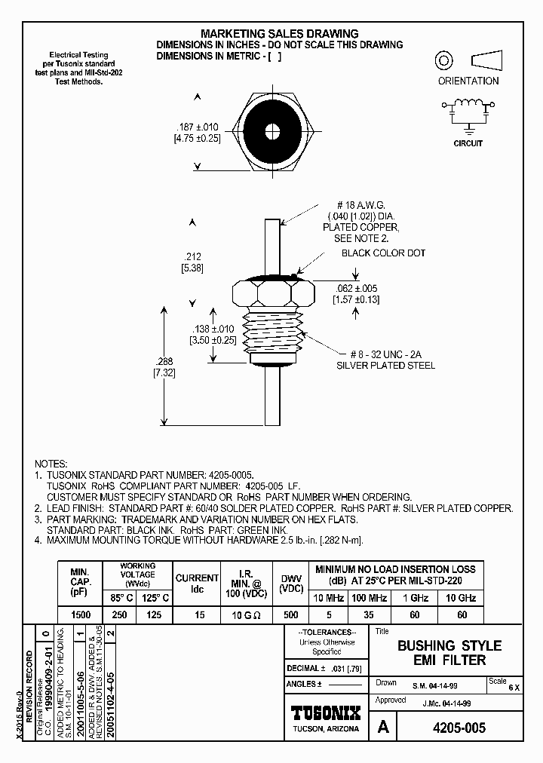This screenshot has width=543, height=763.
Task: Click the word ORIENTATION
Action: pyautogui.click(x=468, y=81)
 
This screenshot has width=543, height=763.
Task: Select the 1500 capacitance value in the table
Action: pyautogui.click(x=81, y=615)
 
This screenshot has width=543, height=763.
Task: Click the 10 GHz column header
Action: pyautogui.click(x=462, y=598)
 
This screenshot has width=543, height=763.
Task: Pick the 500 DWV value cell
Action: pyautogui.click(x=291, y=615)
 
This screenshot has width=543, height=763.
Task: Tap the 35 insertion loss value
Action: pyautogui.click(x=369, y=615)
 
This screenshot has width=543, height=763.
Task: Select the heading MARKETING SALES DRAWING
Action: pyautogui.click(x=279, y=34)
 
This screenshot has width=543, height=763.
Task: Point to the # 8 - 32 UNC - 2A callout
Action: pyautogui.click(x=385, y=354)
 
